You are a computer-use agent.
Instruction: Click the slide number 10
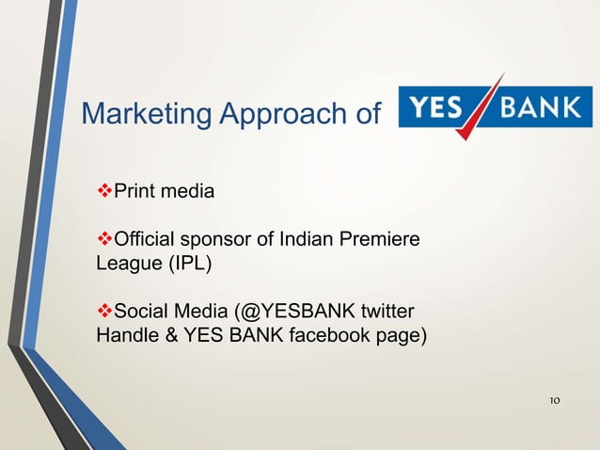(554, 401)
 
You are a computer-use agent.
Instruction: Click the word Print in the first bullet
(134, 193)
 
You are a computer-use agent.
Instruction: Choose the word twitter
(388, 312)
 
